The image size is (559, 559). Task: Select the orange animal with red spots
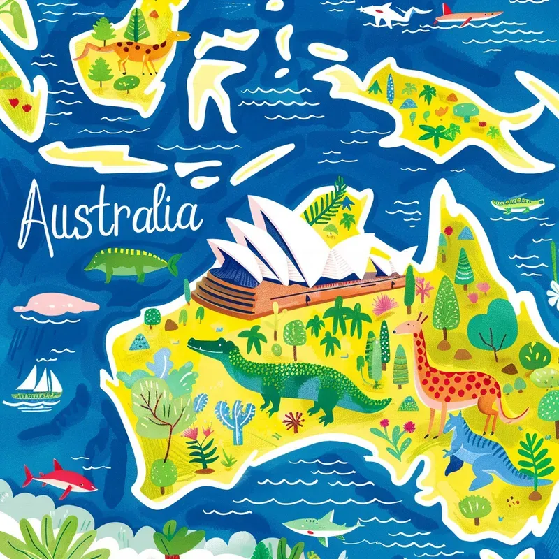(x=454, y=377)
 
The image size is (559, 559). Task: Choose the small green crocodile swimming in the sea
(x=517, y=204)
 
